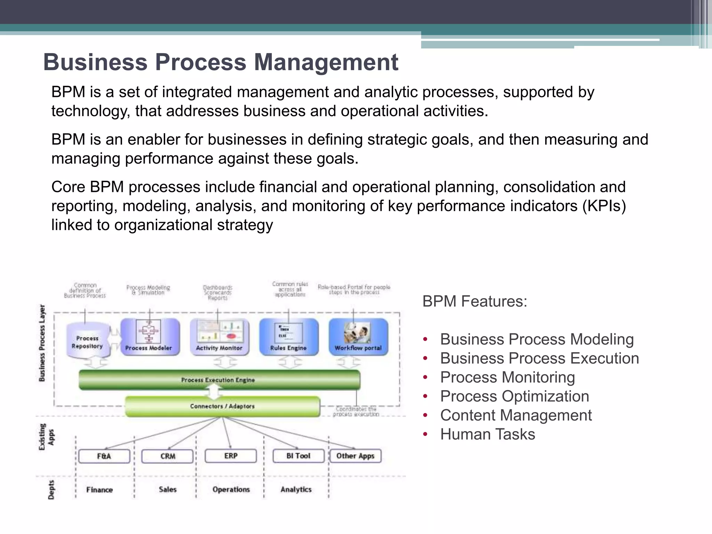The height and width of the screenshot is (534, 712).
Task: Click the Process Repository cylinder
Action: pos(88,341)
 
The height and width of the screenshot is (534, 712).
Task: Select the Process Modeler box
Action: pos(150,337)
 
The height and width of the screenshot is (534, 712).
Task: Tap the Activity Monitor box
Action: pos(219,337)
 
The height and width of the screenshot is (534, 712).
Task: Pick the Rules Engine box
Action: pos(289,337)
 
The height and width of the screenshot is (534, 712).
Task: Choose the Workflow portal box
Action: pos(358,337)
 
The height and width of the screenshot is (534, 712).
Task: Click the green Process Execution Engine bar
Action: pos(219,380)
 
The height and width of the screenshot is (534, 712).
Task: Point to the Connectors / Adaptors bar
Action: pos(222,406)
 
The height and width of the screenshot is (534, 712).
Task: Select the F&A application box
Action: pos(104,456)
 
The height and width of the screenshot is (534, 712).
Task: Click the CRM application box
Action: pos(168,456)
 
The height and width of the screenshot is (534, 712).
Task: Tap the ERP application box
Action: pos(231,456)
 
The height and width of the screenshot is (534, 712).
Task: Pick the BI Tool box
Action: pos(298,456)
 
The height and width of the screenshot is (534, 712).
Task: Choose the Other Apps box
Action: pos(355,456)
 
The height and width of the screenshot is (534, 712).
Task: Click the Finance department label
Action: pos(99,490)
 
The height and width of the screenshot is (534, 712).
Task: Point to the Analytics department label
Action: pos(296,489)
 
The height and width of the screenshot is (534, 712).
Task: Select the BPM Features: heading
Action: pos(475,301)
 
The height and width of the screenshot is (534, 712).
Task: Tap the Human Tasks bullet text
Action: pos(487,434)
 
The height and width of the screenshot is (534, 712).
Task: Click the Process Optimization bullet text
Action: pos(515,396)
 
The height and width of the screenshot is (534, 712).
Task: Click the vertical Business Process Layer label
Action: pos(42,343)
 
